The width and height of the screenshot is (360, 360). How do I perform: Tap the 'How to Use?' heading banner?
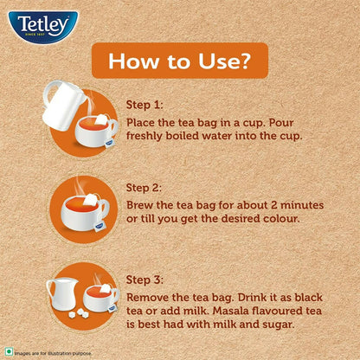pyautogui.click(x=179, y=63)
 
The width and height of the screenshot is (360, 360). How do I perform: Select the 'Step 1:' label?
pyautogui.click(x=146, y=104)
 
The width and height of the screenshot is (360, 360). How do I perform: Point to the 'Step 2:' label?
pyautogui.click(x=146, y=187)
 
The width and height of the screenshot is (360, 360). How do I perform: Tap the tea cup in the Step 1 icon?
pyautogui.click(x=96, y=130)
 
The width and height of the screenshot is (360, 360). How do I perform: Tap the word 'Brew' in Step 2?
pyautogui.click(x=142, y=204)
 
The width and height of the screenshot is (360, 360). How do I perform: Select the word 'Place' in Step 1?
pyautogui.click(x=145, y=121)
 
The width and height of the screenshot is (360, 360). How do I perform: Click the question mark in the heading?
pyautogui.click(x=249, y=63)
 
